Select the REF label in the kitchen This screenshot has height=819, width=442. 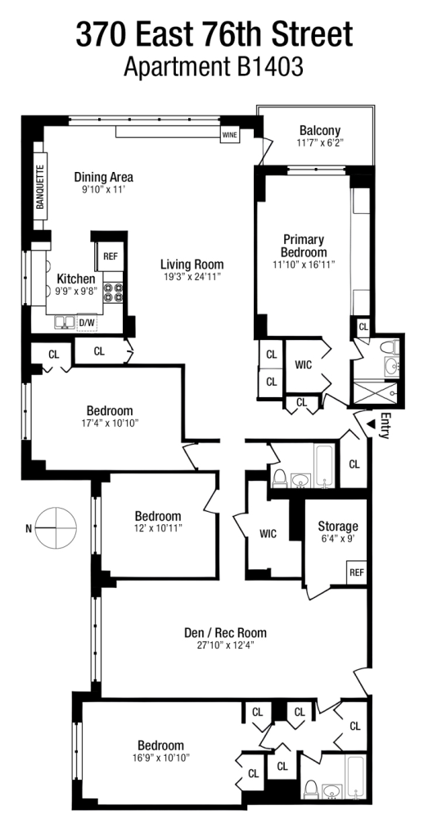[x=110, y=256]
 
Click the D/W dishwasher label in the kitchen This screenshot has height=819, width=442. [x=87, y=323]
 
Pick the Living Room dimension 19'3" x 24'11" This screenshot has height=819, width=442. [x=192, y=277]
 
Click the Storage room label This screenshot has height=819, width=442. [x=338, y=526]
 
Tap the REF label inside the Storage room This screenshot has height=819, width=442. [x=357, y=572]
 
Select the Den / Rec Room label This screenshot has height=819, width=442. [x=225, y=632]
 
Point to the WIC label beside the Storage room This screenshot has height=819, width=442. [x=268, y=534]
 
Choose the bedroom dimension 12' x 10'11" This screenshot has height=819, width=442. [x=158, y=529]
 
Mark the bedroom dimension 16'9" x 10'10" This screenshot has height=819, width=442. [x=160, y=758]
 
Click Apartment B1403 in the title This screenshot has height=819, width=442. [x=214, y=67]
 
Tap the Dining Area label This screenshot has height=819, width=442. [x=103, y=177]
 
